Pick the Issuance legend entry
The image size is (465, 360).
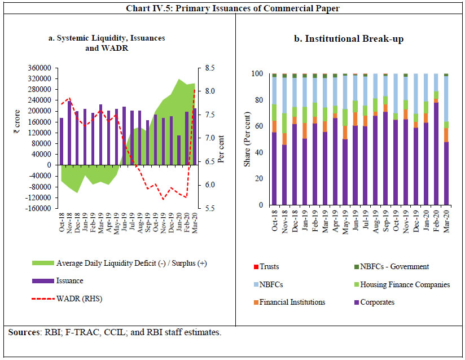(x=71, y=280)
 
